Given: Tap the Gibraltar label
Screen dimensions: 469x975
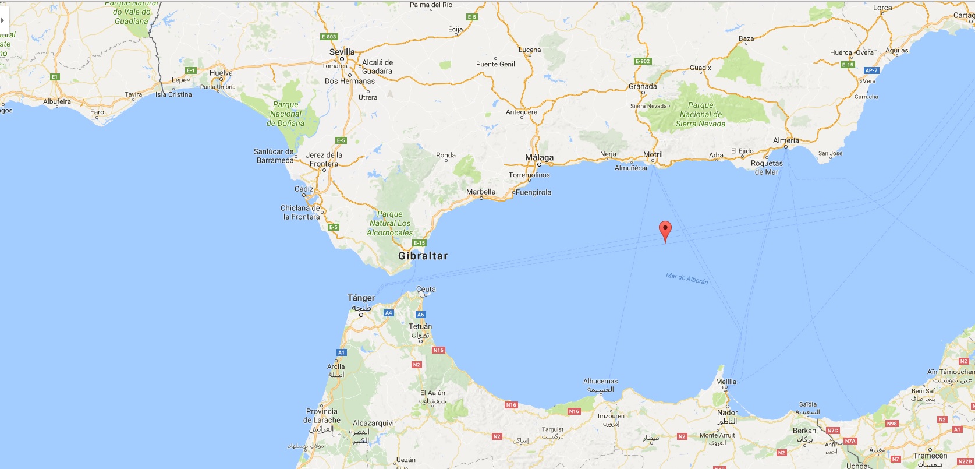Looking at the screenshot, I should tap(423, 256).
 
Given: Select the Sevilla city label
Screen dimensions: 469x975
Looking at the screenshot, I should tap(342, 52).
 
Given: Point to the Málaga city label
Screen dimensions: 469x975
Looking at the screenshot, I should tap(539, 157).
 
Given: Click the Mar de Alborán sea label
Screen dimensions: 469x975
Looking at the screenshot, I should tap(687, 278).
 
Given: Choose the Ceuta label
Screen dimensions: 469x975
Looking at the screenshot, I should tap(426, 289).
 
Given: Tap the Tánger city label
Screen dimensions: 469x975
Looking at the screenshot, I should tap(361, 298).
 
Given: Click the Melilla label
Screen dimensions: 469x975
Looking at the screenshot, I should tap(726, 382).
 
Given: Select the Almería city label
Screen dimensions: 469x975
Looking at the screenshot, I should tap(786, 140).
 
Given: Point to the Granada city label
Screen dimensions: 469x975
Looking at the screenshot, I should tap(643, 86).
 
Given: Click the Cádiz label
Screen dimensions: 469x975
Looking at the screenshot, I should tap(304, 189).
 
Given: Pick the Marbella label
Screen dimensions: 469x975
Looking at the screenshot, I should tap(481, 192).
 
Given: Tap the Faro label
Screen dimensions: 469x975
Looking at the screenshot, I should tap(97, 112).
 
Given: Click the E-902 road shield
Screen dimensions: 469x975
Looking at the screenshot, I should tap(643, 61).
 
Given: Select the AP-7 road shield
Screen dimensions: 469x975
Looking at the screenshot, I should tap(871, 70).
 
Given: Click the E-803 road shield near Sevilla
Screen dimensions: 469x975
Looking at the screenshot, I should tap(329, 37).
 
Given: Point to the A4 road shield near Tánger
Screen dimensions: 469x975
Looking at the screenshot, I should tap(389, 313).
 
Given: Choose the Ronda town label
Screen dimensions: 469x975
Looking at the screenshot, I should tap(446, 155).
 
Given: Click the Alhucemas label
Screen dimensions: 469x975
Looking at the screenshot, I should tap(600, 381).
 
